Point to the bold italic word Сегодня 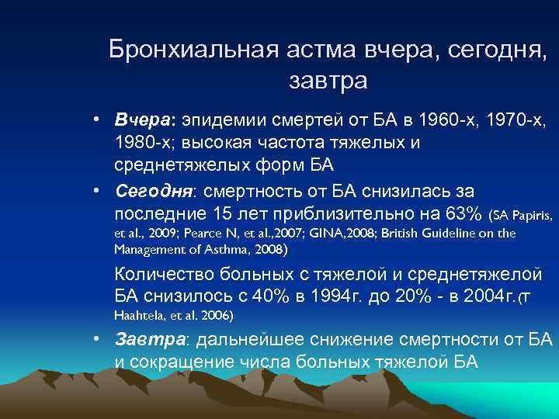(x=152, y=191)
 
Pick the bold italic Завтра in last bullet (x=150, y=338)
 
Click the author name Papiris (x=533, y=213)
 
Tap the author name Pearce (x=209, y=233)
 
